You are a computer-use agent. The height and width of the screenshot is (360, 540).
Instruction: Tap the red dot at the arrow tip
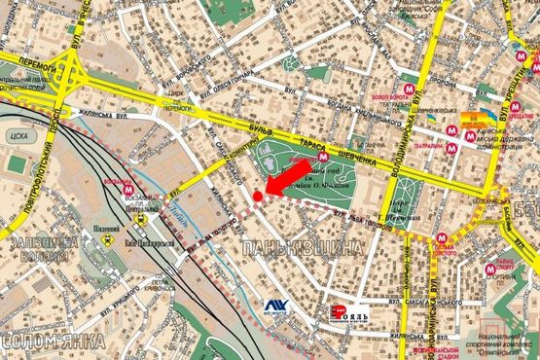[257, 198]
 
